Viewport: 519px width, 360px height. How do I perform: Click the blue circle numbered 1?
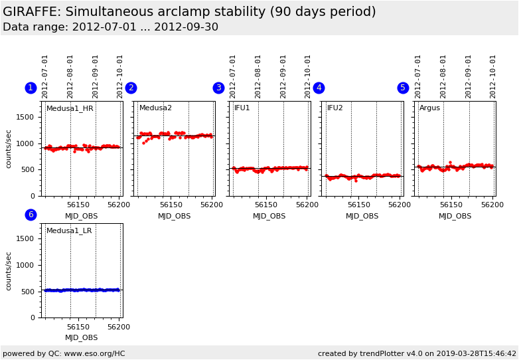[31, 88]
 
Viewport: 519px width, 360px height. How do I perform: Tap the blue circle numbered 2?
[131, 88]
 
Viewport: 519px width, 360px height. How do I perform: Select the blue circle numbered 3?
[218, 88]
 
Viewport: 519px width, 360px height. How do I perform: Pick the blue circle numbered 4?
[319, 88]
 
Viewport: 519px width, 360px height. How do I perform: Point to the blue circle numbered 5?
[403, 88]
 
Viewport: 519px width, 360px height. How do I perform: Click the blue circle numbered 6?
[31, 215]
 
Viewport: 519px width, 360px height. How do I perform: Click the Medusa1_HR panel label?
[70, 108]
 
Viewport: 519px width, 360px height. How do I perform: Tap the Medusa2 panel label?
[155, 108]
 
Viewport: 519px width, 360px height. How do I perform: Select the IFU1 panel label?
[242, 108]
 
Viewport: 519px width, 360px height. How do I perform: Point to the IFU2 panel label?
[334, 108]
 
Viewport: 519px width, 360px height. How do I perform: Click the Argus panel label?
[429, 108]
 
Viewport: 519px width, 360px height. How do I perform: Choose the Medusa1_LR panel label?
[69, 231]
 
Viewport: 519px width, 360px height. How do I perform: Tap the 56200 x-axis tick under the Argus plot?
[492, 205]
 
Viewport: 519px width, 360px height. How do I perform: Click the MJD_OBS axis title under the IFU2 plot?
[362, 216]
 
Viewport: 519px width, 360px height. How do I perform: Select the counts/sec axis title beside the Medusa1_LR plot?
[9, 270]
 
